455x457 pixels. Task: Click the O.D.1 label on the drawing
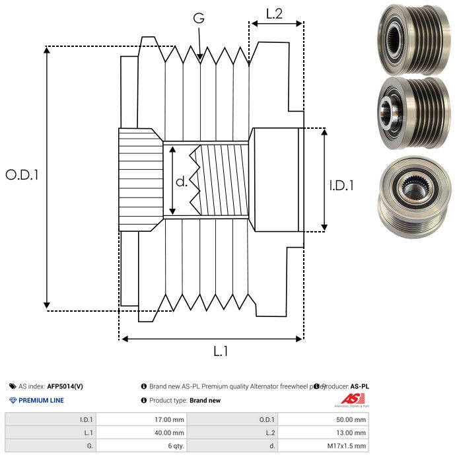[22, 175]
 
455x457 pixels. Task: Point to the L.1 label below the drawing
[221, 351]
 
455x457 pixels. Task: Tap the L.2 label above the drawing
[274, 14]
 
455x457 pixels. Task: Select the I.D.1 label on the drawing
[341, 186]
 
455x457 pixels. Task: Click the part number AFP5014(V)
[65, 386]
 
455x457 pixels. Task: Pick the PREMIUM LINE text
[42, 400]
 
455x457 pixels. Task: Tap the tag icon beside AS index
[13, 386]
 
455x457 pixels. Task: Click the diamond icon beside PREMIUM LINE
[13, 400]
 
